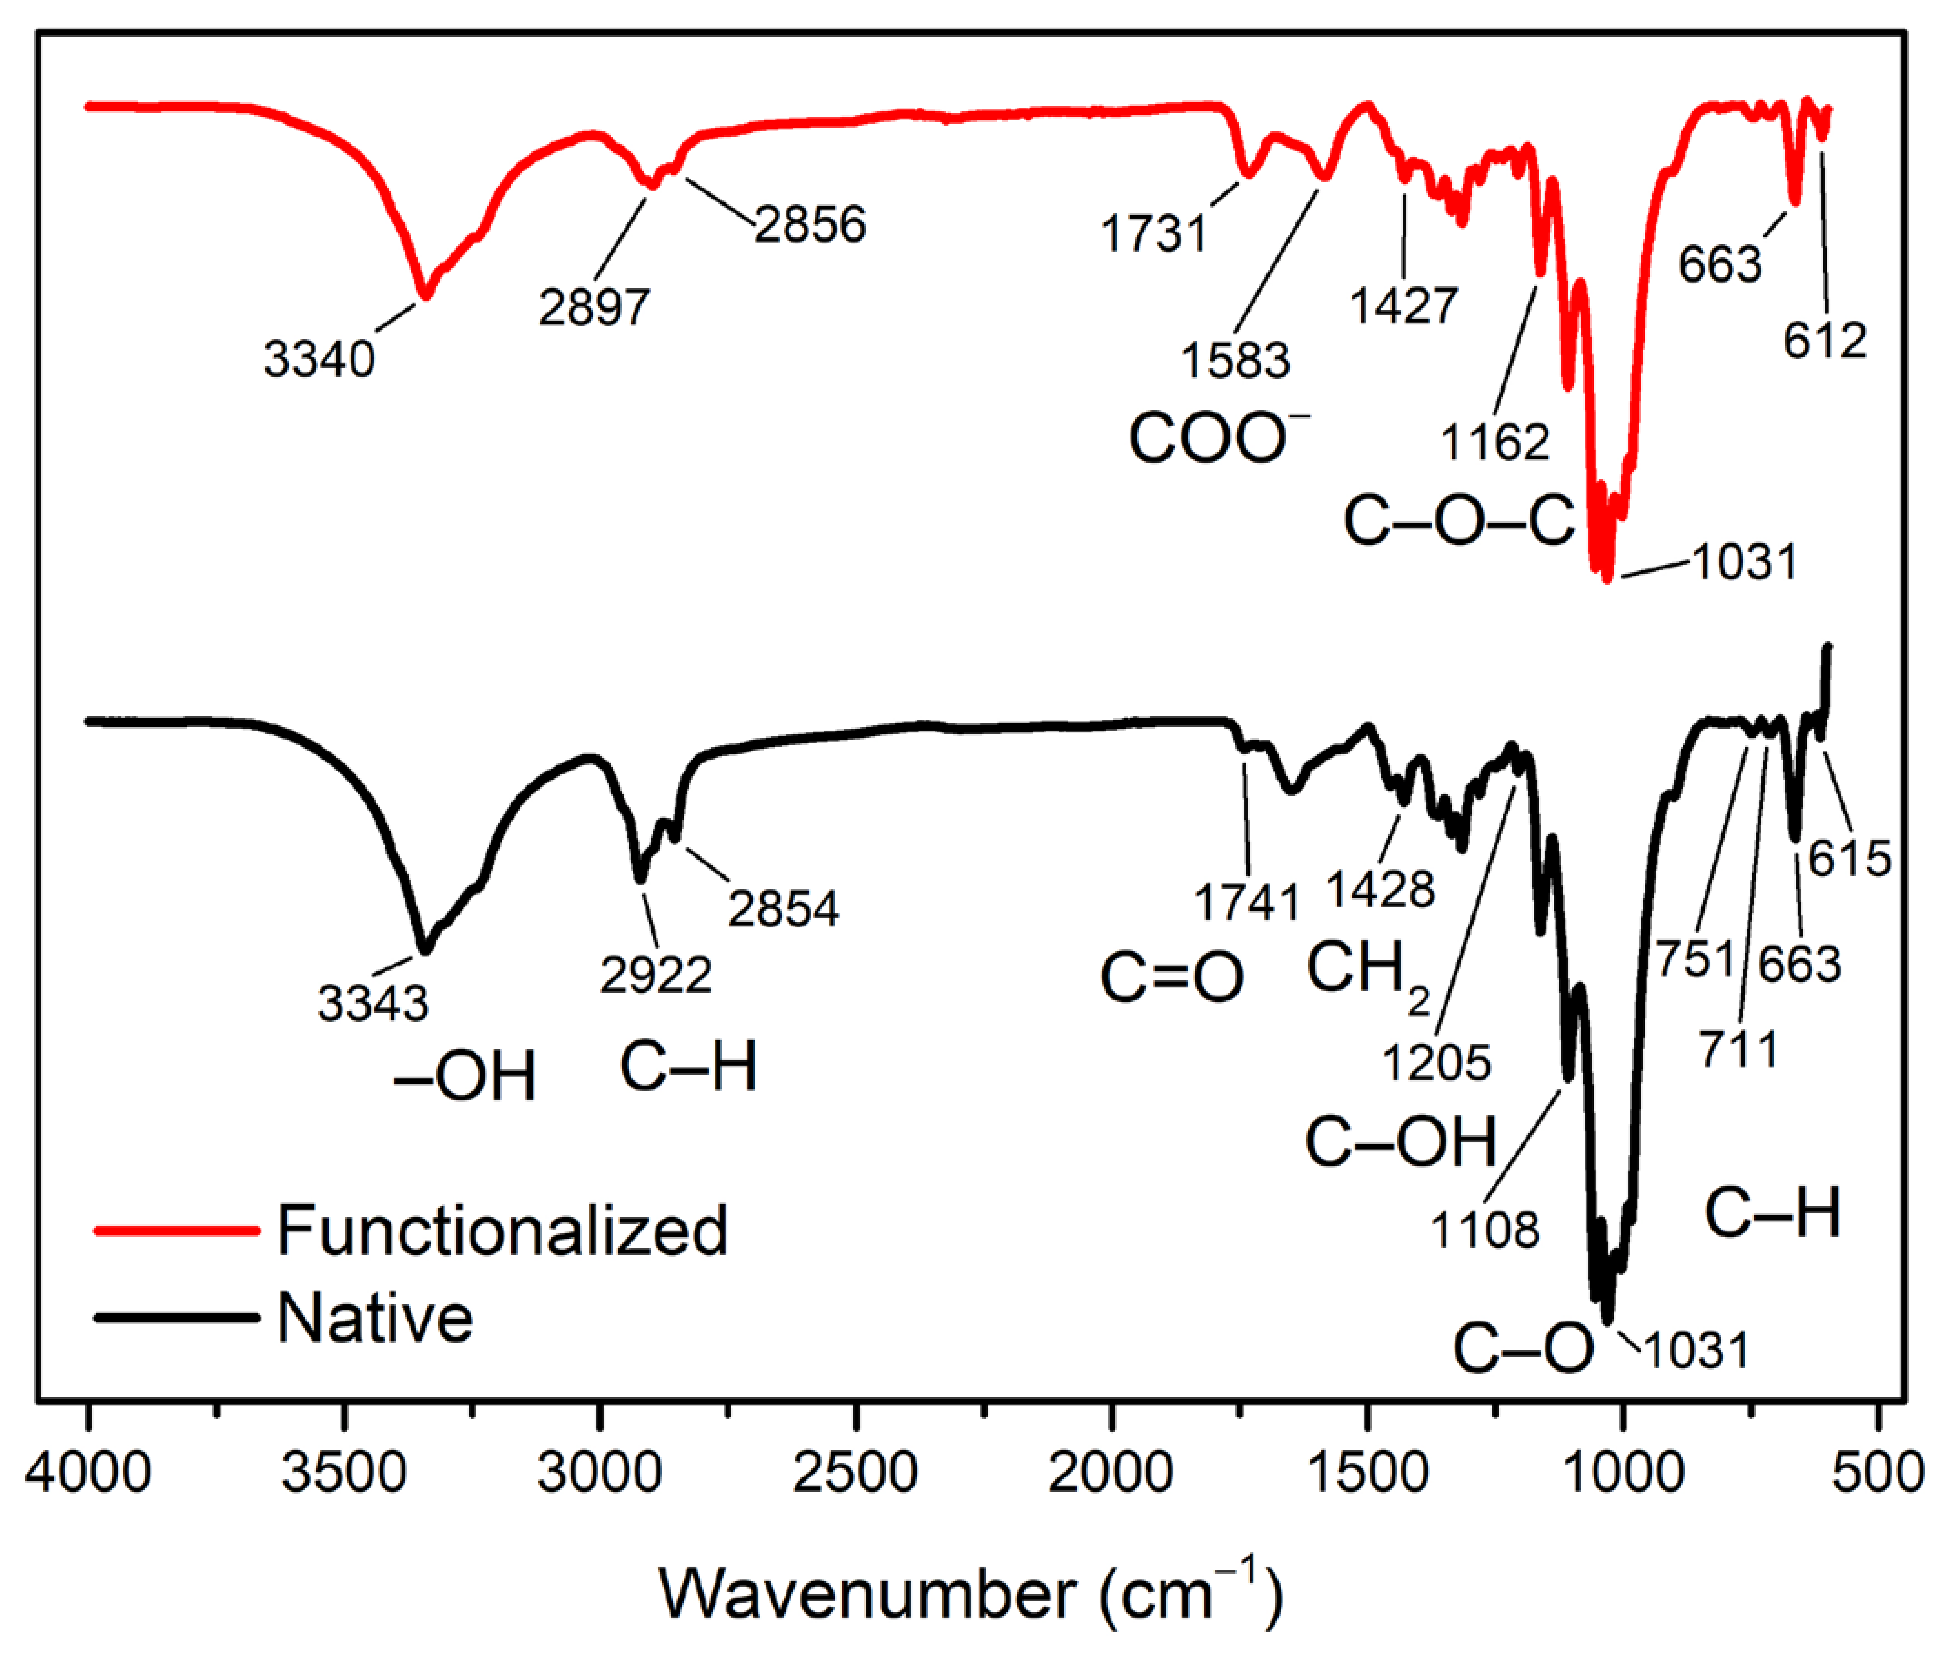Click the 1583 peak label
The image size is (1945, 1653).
(x=1235, y=360)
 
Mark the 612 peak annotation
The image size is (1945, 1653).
(x=1824, y=340)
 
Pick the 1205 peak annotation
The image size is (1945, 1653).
(x=1436, y=1063)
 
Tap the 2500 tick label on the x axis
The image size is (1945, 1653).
(x=855, y=1472)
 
